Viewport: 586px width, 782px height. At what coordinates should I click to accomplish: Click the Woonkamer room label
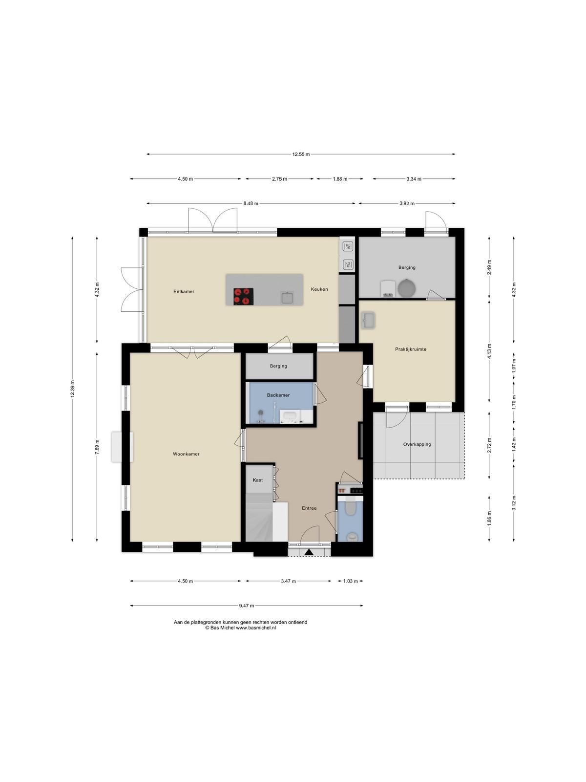pos(186,454)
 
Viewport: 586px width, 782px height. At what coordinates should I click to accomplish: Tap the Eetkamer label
pos(184,291)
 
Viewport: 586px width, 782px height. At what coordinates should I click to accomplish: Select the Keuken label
pos(319,289)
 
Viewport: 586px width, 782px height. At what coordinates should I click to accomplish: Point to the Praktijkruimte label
pos(411,349)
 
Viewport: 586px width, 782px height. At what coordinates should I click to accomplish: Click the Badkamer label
pos(278,395)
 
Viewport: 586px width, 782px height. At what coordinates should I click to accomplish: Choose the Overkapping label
pos(417,444)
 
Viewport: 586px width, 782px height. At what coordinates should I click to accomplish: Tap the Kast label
pos(258,480)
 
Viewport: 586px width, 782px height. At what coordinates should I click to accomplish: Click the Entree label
pos(309,508)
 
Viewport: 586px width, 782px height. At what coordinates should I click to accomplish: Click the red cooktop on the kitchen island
pos(243,296)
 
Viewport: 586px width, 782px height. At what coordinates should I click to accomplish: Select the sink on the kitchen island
pos(287,297)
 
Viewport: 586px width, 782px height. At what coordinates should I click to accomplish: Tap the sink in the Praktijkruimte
pos(368,320)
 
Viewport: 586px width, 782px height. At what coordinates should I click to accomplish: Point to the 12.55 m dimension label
pos(301,154)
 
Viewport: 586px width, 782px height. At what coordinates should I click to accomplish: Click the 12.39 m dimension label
pos(72,389)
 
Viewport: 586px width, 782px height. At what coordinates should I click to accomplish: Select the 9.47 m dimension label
pos(247,606)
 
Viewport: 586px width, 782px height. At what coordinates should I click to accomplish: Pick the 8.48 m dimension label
pos(251,203)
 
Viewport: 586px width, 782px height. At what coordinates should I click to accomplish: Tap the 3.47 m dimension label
pos(288,581)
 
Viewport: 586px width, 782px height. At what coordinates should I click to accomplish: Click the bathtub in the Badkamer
pos(291,417)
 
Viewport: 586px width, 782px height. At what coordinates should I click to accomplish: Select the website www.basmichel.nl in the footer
pos(256,628)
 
